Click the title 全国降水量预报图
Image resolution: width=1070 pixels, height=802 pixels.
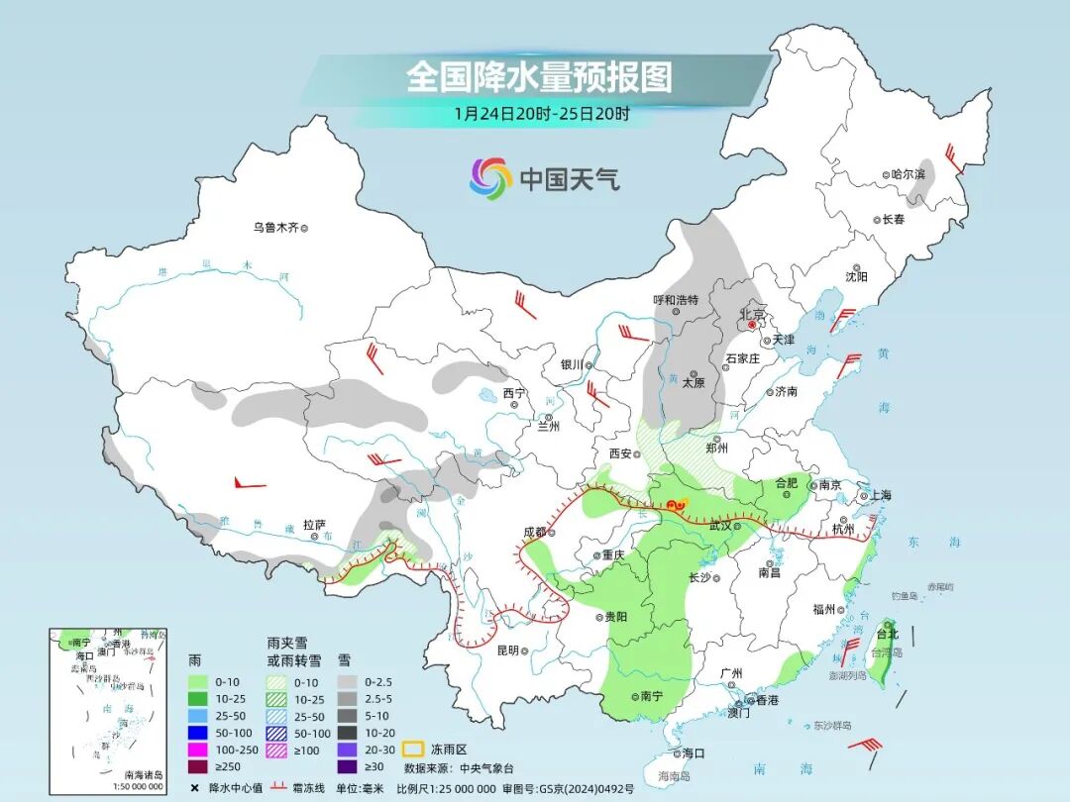coord(538,77)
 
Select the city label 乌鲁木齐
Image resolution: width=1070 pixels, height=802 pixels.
coord(274,228)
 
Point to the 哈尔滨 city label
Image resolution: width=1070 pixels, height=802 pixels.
coord(907,174)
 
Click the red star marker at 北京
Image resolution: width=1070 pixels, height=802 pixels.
coord(752,324)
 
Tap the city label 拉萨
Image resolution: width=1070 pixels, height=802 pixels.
coord(314,525)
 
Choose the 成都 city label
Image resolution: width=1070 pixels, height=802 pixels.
coord(534,532)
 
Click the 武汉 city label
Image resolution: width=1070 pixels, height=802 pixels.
coord(720,526)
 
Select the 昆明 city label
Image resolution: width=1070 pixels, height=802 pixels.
coord(507,651)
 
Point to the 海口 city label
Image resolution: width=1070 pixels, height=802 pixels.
coord(694,752)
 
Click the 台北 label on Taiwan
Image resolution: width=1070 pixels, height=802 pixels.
coord(887,634)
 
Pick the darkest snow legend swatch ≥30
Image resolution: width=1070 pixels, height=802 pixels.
coord(348,766)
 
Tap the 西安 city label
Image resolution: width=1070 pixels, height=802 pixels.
coord(620,452)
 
